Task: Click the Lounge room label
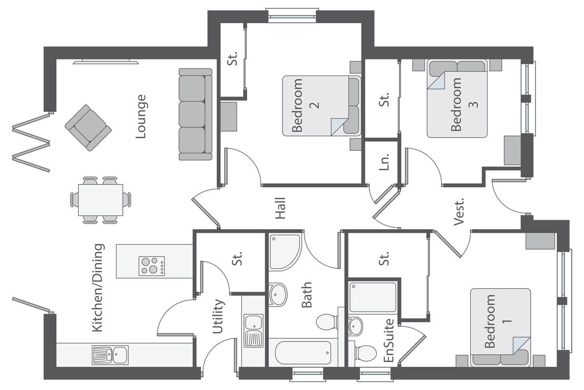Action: [140, 116]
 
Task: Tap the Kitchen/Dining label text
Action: [98, 288]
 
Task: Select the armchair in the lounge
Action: [88, 128]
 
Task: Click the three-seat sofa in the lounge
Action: [195, 114]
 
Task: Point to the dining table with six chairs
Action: [101, 200]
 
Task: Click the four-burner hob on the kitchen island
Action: [151, 266]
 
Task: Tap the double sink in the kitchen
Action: [110, 355]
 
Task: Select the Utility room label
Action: [218, 317]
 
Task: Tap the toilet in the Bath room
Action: [327, 321]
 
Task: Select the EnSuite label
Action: [389, 340]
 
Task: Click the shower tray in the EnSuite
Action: [373, 297]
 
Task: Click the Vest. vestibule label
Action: [459, 212]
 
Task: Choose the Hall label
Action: [280, 208]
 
